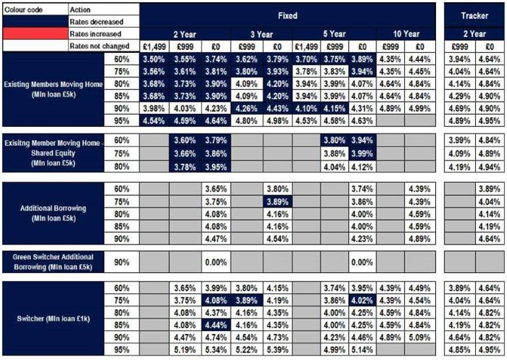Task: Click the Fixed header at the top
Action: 288,15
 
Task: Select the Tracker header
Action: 475,15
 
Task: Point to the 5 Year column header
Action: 334,34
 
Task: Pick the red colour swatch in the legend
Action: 33,34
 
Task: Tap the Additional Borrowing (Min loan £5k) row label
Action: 54,212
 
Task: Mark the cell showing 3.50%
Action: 153,58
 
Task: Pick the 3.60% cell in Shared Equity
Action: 184,140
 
